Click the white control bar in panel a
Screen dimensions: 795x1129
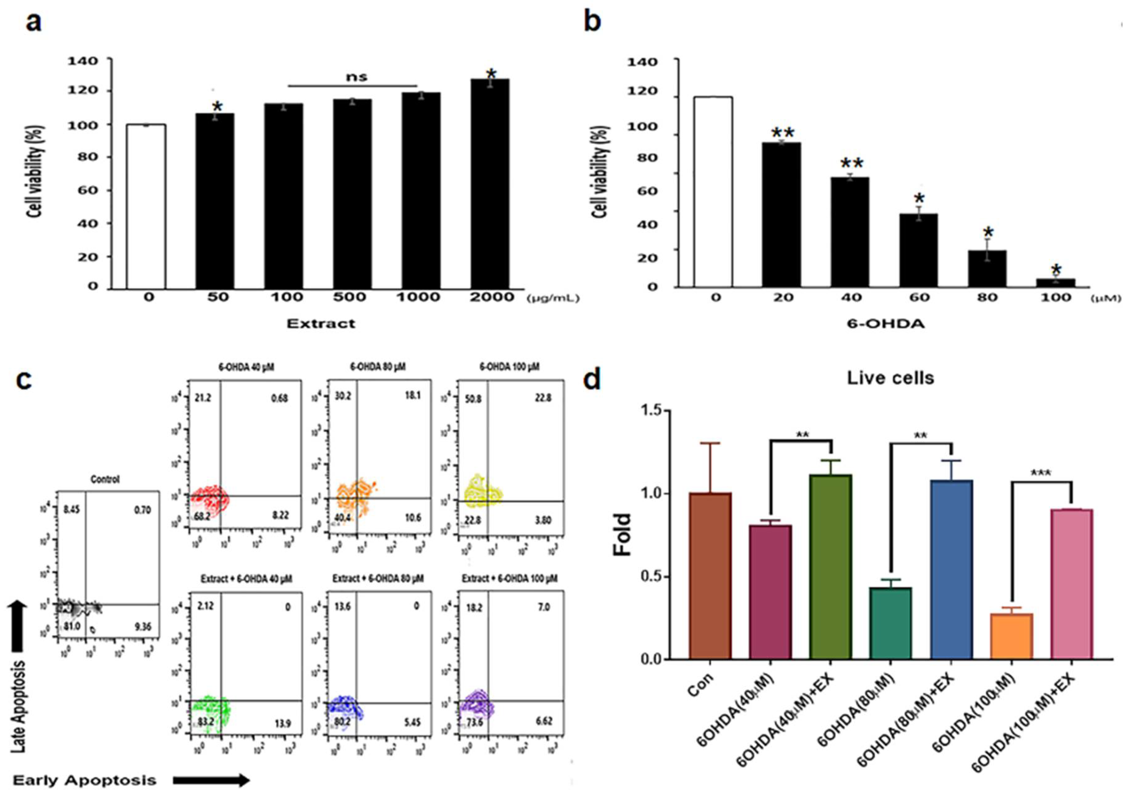click(146, 206)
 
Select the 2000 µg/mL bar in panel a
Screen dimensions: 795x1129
click(490, 184)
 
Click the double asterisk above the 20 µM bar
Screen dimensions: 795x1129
click(782, 133)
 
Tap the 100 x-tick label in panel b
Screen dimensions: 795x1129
click(1056, 298)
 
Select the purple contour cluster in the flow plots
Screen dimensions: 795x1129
click(477, 706)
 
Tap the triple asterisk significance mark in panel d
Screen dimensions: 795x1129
click(1041, 473)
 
